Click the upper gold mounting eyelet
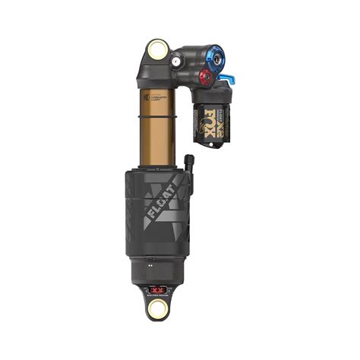point(159,52)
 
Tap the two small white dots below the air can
point(152,267)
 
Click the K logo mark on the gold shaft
point(143,97)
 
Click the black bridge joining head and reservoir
point(186,68)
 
